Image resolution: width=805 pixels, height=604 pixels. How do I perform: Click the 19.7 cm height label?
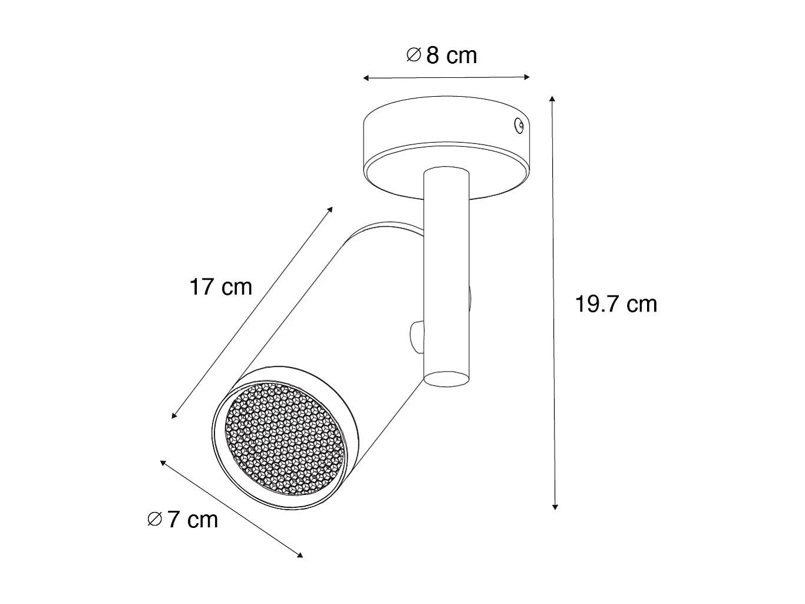click(x=616, y=304)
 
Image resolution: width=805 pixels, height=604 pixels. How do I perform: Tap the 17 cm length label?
click(x=220, y=287)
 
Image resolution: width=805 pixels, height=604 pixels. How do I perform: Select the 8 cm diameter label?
click(x=451, y=55)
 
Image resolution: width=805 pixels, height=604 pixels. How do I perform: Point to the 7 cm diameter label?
click(x=192, y=520)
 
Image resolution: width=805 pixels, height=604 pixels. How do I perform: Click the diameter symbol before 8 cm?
click(x=414, y=55)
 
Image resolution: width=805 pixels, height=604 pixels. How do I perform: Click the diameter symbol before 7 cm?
click(x=154, y=520)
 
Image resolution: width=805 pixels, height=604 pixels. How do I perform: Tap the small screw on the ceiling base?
click(x=519, y=124)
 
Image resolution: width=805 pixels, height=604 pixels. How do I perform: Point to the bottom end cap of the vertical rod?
click(x=446, y=379)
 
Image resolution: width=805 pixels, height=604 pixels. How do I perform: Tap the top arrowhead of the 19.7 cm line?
click(x=552, y=99)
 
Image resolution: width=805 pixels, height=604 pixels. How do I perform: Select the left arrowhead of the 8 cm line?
click(x=366, y=78)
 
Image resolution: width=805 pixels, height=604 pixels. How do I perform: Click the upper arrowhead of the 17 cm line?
click(x=331, y=209)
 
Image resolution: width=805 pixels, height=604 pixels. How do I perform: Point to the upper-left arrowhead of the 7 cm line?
click(x=163, y=462)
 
